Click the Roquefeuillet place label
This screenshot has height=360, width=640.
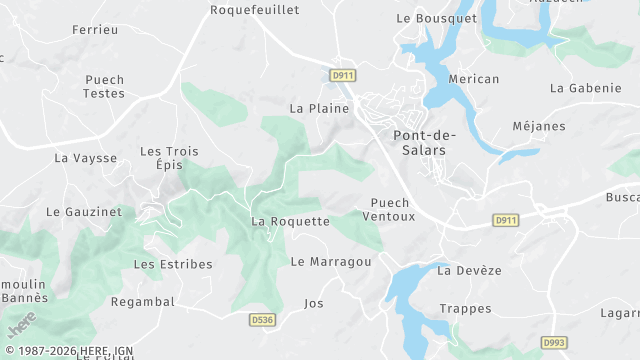click(x=255, y=10)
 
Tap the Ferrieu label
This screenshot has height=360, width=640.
click(x=95, y=30)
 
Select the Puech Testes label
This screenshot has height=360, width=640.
click(x=104, y=86)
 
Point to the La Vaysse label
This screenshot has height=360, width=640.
click(x=85, y=158)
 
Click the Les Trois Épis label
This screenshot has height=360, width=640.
click(x=169, y=158)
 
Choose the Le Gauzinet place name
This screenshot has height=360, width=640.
click(x=84, y=212)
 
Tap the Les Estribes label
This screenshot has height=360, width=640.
click(x=173, y=264)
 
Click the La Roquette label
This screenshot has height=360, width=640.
click(x=290, y=221)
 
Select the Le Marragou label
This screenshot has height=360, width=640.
click(x=331, y=262)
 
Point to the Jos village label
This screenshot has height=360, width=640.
click(x=314, y=303)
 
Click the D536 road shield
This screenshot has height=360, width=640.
click(x=262, y=320)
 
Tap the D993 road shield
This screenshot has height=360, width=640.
click(x=555, y=343)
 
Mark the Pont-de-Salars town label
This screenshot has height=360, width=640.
click(x=420, y=142)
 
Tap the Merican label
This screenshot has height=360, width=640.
click(x=474, y=79)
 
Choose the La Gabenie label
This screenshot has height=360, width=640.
click(x=585, y=88)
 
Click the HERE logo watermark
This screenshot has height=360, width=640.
click(x=21, y=325)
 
